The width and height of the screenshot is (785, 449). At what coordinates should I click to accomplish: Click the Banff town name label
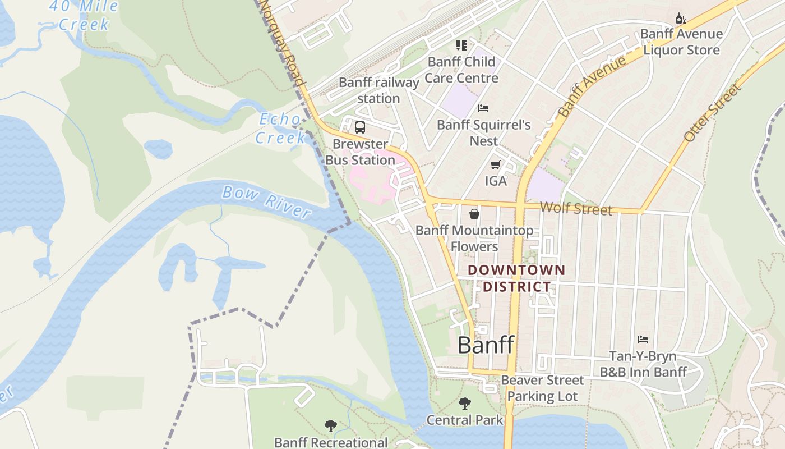(x=486, y=345)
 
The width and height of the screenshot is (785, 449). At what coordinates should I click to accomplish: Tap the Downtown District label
(x=516, y=278)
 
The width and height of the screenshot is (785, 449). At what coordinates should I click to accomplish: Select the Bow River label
(x=266, y=201)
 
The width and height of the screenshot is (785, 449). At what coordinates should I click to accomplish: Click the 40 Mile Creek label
(x=84, y=15)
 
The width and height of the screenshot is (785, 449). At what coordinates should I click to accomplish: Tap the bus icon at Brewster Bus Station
(x=360, y=127)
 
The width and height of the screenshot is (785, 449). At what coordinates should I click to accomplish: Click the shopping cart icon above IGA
(x=495, y=164)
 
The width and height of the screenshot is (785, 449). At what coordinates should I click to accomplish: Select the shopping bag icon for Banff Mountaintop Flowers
(x=474, y=214)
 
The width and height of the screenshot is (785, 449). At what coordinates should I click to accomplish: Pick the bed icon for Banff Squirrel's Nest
(x=483, y=108)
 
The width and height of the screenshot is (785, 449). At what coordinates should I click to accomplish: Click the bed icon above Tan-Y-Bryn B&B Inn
(x=643, y=340)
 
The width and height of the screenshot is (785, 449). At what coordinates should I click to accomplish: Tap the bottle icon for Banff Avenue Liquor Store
(x=681, y=18)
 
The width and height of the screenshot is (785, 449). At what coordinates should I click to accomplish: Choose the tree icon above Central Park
(x=464, y=403)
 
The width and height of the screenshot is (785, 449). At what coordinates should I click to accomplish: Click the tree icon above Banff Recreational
(x=331, y=426)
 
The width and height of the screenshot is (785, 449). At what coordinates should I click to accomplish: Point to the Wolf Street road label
(x=576, y=209)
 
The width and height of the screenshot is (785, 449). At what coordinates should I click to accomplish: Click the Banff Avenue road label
(x=592, y=86)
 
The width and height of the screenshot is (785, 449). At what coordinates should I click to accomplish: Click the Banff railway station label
(x=379, y=90)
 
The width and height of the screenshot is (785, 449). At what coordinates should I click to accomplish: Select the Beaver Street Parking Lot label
(x=542, y=388)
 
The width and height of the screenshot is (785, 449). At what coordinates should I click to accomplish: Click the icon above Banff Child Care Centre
(x=461, y=45)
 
